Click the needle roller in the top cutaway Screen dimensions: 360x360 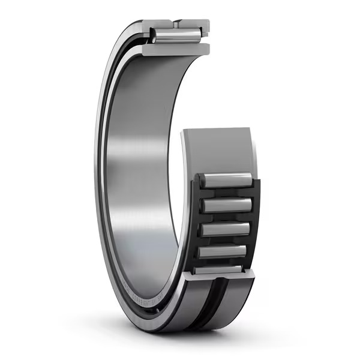[176, 37]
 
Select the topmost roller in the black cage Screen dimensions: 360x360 [228, 180]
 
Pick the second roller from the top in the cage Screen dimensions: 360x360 [227, 205]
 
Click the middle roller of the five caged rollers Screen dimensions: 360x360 [226, 229]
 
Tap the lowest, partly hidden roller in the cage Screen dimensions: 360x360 [220, 269]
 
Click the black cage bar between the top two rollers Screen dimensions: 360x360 [227, 193]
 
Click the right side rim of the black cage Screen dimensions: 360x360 [257, 222]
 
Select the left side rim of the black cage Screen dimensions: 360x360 [197, 222]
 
